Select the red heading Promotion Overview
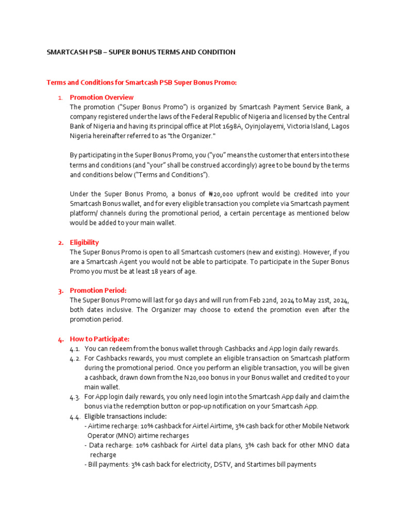coord(102,97)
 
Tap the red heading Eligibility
coord(85,242)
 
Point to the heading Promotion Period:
coord(98,291)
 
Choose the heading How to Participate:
coord(100,339)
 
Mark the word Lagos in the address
coord(340,126)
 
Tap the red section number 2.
coord(61,243)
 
